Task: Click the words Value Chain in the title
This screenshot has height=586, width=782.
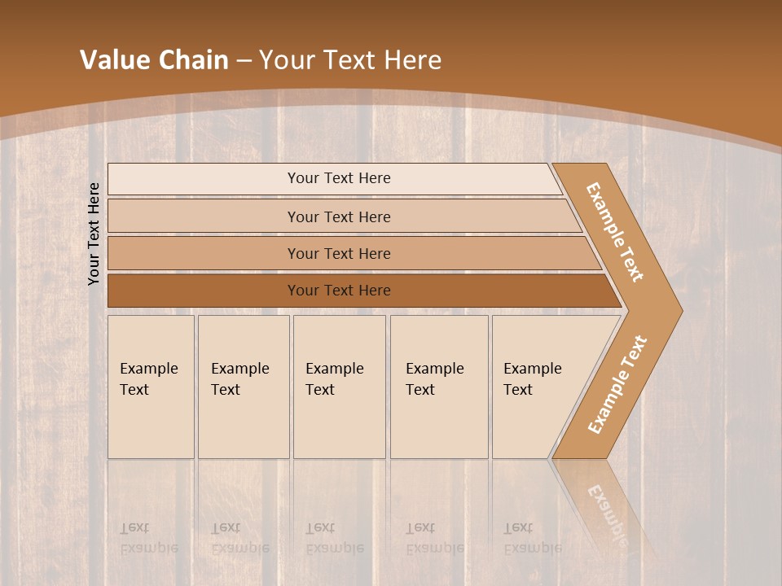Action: (x=154, y=60)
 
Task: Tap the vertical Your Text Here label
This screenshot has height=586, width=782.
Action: (x=94, y=234)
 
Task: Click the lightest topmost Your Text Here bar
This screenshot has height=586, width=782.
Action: (x=339, y=178)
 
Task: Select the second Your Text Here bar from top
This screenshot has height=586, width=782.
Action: (x=339, y=216)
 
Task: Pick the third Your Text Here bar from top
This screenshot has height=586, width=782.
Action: (x=339, y=253)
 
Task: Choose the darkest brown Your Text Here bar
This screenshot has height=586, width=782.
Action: (x=339, y=291)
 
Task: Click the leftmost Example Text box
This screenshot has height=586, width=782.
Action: (x=150, y=387)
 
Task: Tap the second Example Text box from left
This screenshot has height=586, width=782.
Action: (x=243, y=387)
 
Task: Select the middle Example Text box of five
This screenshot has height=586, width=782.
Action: (x=338, y=387)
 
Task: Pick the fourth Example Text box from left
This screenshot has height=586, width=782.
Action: (x=438, y=387)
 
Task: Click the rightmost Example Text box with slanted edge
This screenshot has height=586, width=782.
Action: (x=538, y=387)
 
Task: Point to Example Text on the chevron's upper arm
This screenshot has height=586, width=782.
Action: (x=615, y=232)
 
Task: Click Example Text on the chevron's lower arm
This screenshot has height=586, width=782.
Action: (x=617, y=384)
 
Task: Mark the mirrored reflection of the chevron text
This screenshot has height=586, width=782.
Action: (x=607, y=513)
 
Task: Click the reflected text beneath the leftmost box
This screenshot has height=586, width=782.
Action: (x=148, y=538)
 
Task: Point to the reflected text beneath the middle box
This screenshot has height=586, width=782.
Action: (x=334, y=538)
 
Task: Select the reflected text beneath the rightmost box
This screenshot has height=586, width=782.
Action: (x=533, y=538)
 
